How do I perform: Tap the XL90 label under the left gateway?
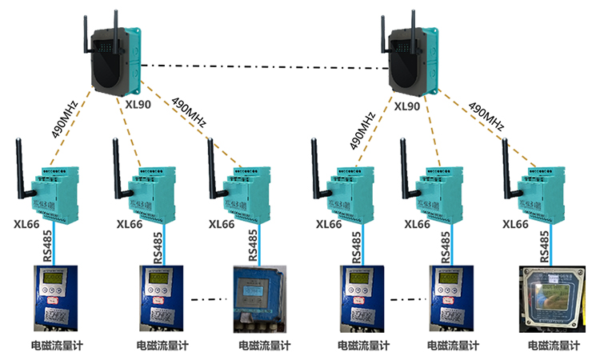[138, 104]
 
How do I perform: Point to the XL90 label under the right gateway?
[407, 106]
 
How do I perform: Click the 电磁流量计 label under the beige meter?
[554, 346]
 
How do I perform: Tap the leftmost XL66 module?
[55, 191]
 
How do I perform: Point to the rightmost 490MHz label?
[486, 117]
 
